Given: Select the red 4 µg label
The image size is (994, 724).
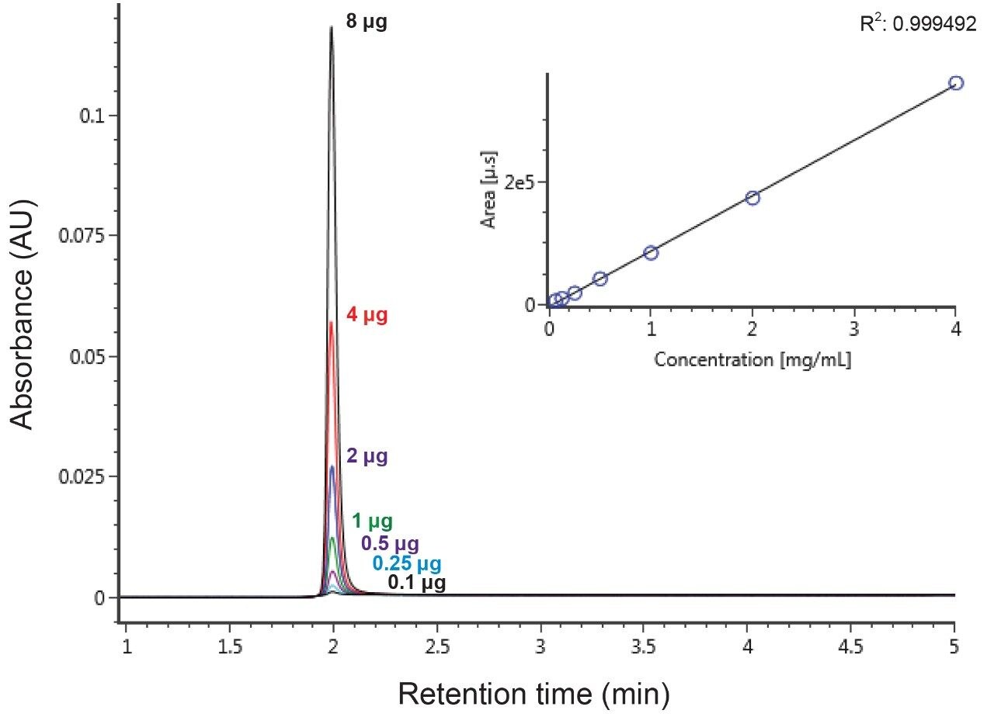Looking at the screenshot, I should pos(366,317).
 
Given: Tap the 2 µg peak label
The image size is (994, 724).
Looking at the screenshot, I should pos(367,457).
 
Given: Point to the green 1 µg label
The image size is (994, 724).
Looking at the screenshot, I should pos(372,521).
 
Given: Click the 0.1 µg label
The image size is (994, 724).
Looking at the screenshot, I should pos(417,583).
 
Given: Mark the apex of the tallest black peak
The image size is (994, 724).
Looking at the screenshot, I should pos(332,28).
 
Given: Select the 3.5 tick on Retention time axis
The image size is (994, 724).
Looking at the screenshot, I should pos(645,646).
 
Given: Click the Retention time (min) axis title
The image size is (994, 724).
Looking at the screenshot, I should pos(533,695).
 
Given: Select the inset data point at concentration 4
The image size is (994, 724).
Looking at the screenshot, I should pos(956,83).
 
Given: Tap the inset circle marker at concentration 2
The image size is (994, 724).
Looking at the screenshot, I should pos(752,198).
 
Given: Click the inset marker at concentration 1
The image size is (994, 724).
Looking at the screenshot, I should pos(651,252).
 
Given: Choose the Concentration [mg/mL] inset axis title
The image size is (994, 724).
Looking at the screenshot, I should pos(752,361).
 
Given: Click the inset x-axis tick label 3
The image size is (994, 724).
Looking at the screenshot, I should pos(853,329).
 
